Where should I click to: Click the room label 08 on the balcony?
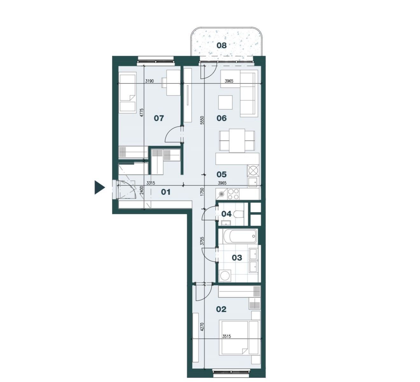point(221,45)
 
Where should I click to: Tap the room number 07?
point(159,118)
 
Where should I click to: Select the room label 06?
point(221,118)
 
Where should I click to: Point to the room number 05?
point(221,174)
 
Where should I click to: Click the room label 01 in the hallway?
point(165,192)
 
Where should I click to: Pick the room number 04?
point(226,214)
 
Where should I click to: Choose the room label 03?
point(237,258)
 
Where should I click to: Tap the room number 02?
point(221,309)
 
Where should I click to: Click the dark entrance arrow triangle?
point(100,188)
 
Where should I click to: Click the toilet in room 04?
point(238,214)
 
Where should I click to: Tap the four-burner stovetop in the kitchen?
point(233,194)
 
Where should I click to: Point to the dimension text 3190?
point(150,81)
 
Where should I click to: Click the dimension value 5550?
point(202,120)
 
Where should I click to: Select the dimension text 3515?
point(227,336)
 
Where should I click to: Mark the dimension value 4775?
point(142,112)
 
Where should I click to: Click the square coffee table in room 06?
point(225,103)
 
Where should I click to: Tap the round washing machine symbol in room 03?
point(225,276)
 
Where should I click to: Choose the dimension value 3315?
point(151,183)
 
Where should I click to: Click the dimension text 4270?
point(202,327)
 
